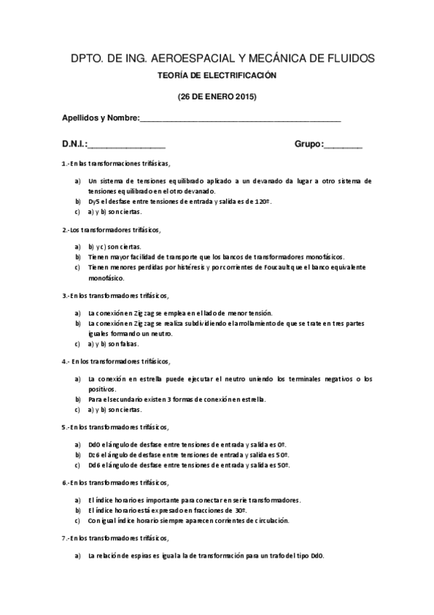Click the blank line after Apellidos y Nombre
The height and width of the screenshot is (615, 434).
[239, 120]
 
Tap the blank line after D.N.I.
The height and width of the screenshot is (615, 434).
[127, 144]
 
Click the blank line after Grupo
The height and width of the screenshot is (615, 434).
[343, 144]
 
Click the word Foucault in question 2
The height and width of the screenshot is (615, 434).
[286, 268]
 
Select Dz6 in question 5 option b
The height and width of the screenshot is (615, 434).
[93, 455]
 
